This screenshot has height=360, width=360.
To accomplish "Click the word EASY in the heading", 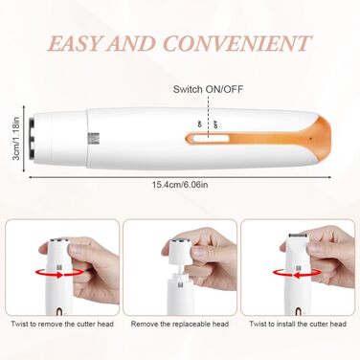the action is tap(75, 43).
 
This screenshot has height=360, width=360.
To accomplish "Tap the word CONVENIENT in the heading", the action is tap(236, 43).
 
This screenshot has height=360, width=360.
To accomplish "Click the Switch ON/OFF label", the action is tap(208, 89).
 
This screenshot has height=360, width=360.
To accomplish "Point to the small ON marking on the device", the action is tap(200, 124).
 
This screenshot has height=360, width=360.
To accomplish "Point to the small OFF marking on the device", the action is tap(215, 124).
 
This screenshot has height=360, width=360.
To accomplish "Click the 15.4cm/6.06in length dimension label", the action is tap(180, 184).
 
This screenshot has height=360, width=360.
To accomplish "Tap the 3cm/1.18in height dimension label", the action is tap(16, 139).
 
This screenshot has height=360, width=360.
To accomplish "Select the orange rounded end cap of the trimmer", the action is tap(321, 138).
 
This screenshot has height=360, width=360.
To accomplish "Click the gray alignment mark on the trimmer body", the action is tap(93, 138).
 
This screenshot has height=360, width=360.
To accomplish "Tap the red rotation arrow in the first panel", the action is tap(60, 273).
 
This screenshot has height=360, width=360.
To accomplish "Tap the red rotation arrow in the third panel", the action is tap(297, 273).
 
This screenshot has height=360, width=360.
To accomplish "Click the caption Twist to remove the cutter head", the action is tap(62, 324).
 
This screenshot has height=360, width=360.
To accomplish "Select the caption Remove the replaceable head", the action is tap(180, 324).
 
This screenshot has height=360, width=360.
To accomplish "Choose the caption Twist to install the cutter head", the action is tap(298, 324).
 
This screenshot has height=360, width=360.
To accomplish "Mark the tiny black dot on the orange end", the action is tap(310, 139).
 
